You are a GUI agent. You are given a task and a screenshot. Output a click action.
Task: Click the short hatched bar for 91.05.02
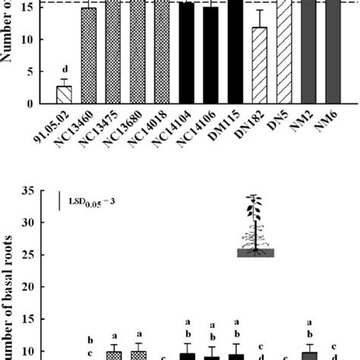64,96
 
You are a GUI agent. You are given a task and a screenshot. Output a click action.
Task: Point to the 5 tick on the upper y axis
30,72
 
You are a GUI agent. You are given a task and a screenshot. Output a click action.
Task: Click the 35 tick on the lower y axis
30,191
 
